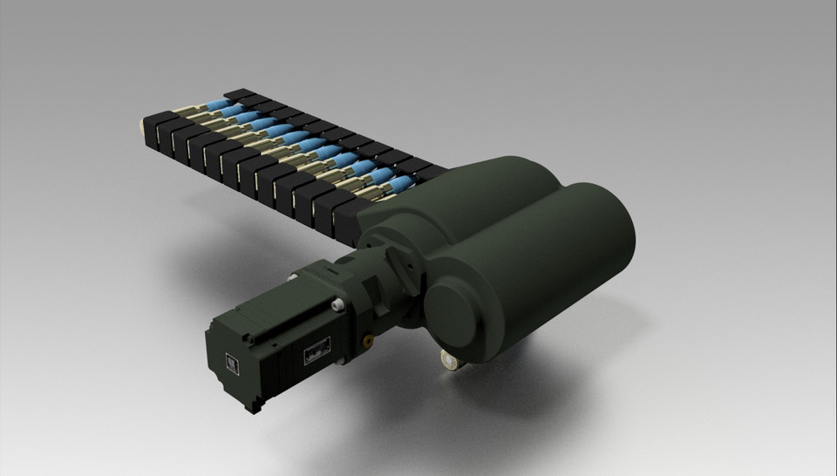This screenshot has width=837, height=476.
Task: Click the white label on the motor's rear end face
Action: pyautogui.click(x=232, y=364)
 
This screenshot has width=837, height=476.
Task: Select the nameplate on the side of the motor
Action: pyautogui.click(x=315, y=350)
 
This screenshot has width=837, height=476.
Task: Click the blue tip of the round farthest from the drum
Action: pyautogui.click(x=217, y=105)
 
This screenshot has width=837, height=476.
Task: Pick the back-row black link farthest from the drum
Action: pyautogui.click(x=239, y=93)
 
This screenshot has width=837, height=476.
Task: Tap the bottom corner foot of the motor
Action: pyautogui.click(x=254, y=405)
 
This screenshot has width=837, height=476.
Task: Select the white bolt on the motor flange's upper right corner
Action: pyautogui.click(x=337, y=305)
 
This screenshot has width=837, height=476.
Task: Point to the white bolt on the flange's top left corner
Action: pyautogui.click(x=294, y=277)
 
